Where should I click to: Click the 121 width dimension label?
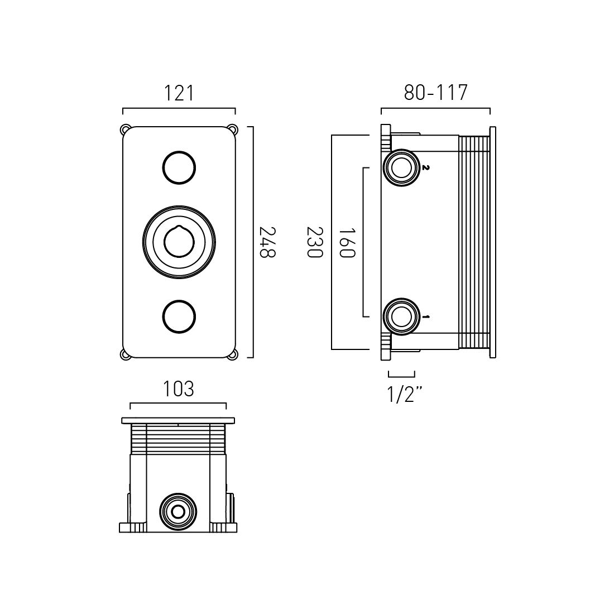tap(179, 93)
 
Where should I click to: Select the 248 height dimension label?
tap(267, 242)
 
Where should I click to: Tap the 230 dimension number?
tap(314, 242)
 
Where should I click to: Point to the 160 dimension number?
tap(347, 243)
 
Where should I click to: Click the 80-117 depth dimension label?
tap(436, 93)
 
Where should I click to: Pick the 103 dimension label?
tap(178, 389)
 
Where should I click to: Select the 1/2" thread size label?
tap(405, 394)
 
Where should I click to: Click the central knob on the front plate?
tap(179, 242)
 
